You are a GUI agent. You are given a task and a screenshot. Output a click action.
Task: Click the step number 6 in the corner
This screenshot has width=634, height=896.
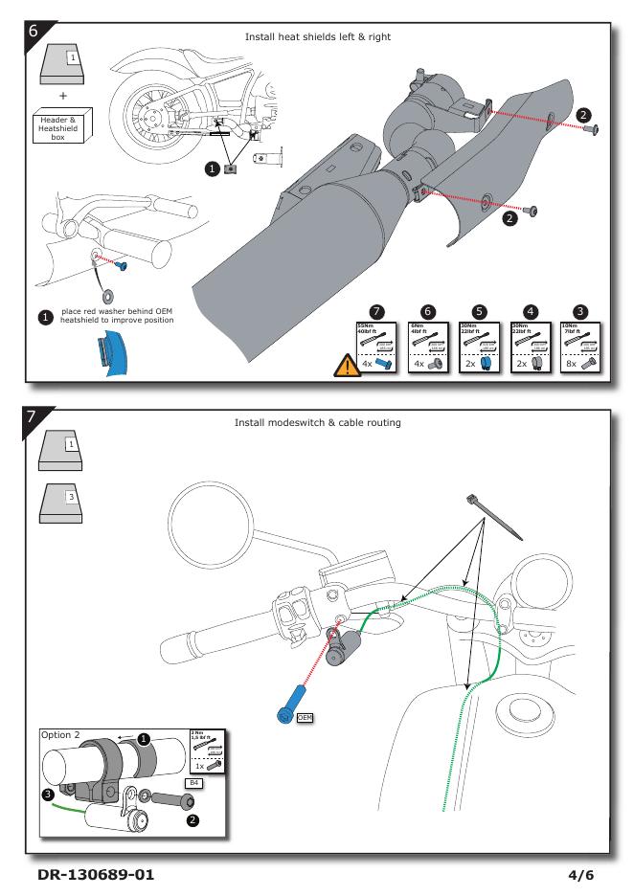[33, 31]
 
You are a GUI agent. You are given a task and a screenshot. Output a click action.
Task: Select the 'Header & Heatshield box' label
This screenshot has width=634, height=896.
[66, 125]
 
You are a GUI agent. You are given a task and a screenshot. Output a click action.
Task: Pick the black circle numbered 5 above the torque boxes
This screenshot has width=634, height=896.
[483, 312]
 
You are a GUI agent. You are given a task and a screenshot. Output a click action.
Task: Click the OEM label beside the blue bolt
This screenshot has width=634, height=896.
[305, 716]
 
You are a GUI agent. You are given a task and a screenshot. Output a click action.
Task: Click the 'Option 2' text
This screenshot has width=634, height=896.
[62, 735]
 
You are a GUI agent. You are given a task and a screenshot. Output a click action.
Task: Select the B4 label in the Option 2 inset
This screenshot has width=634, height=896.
[192, 782]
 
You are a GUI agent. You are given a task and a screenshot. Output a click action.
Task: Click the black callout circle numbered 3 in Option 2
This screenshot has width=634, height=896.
[48, 794]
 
